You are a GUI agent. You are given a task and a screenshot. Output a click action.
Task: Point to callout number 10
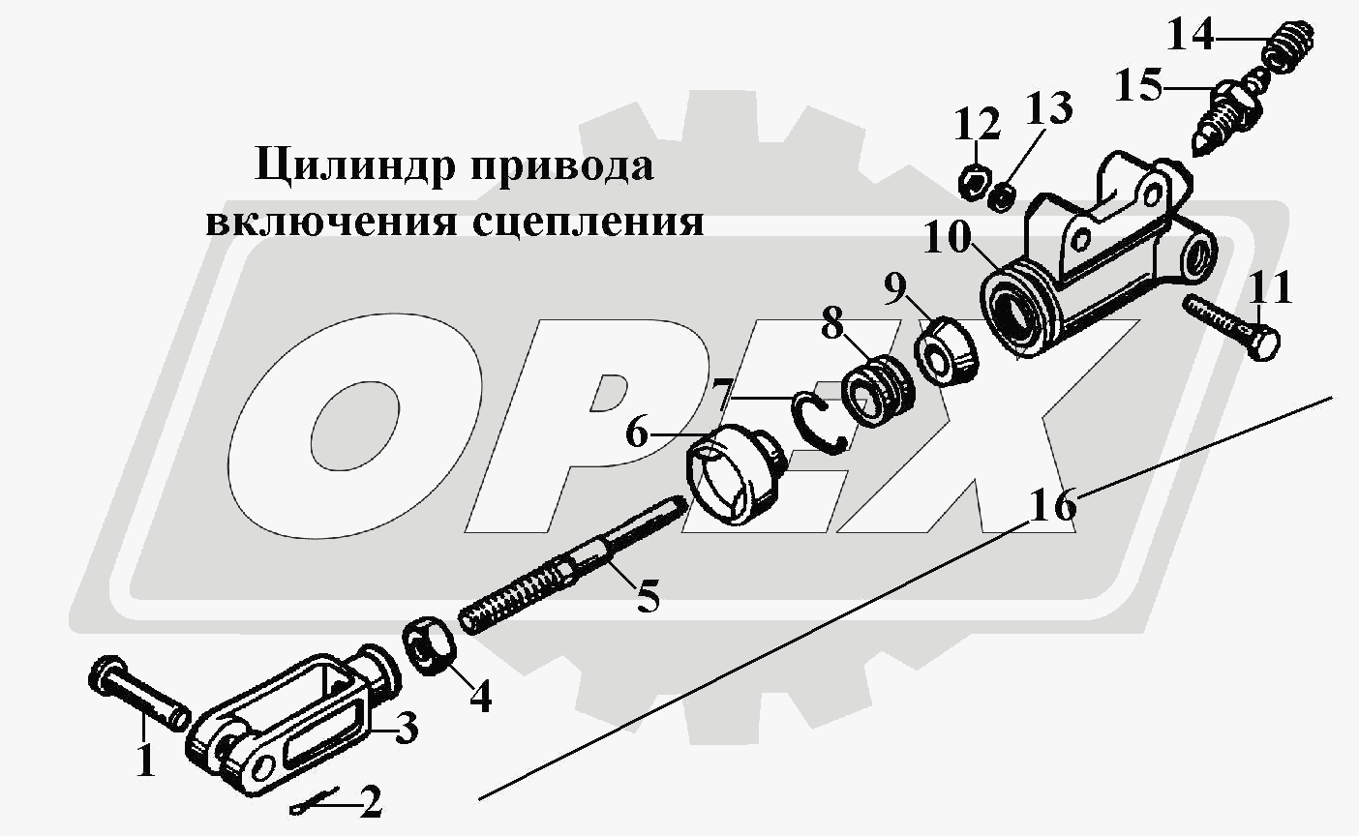tap(948, 237)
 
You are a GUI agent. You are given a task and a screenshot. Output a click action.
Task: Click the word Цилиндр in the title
tap(355, 165)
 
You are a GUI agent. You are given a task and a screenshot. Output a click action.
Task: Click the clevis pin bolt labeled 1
tap(139, 692)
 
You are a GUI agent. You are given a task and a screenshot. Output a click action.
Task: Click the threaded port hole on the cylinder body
tap(1199, 255)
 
